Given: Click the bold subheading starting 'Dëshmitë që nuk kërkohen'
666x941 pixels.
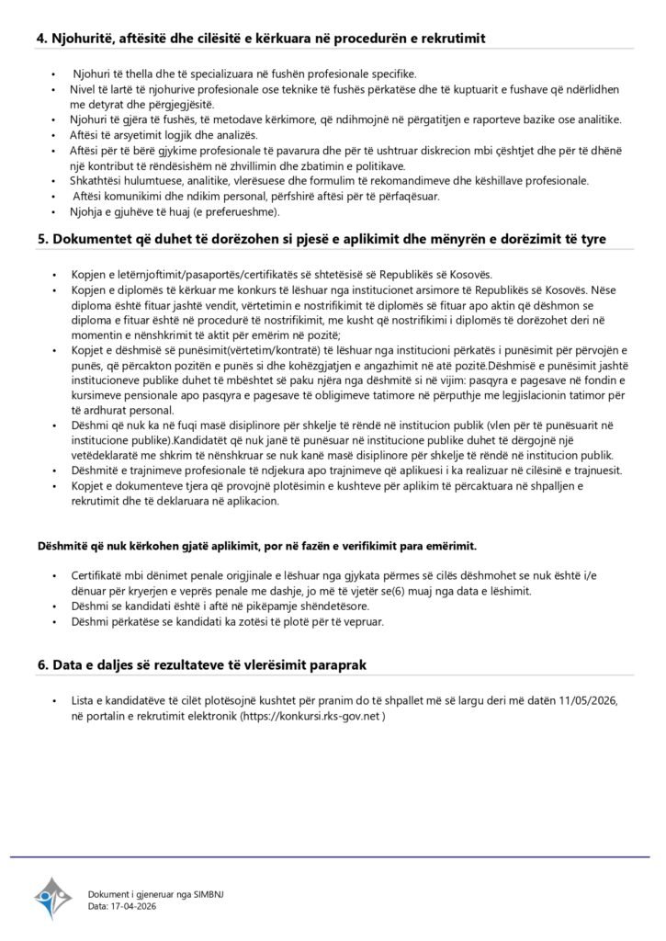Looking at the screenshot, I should tap(257, 546).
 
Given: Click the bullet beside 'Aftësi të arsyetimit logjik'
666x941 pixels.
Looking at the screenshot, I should tap(51, 134).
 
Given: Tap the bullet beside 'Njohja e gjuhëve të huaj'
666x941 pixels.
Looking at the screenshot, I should tap(51, 212).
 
